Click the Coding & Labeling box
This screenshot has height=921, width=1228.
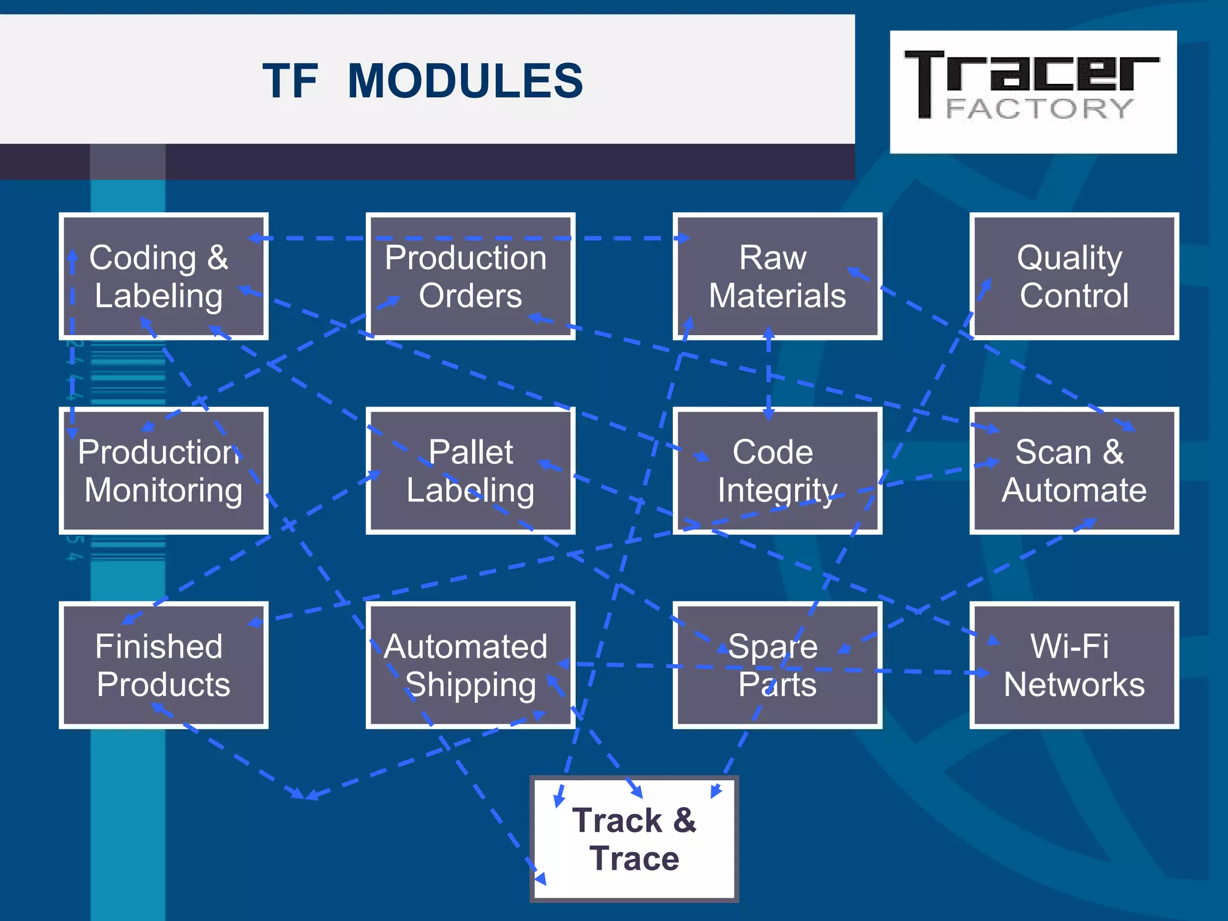pos(163,276)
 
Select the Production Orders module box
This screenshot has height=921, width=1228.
pos(470,276)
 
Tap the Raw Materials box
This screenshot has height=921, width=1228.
pos(777,276)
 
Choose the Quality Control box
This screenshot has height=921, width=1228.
pos(1074,276)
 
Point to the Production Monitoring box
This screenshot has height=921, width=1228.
pos(163,471)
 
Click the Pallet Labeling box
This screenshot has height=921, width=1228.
pos(470,471)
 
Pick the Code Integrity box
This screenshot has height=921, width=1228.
pos(777,471)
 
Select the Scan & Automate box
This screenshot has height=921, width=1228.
pos(1074,471)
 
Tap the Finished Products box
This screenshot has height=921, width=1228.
pos(163,665)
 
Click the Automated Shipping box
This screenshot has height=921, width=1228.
pos(470,665)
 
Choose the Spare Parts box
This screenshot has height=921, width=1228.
pos(777,665)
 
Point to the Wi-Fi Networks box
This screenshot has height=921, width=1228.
pos(1074,665)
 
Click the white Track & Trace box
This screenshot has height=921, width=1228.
pos(634,839)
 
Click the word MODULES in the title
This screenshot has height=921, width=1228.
pos(465,81)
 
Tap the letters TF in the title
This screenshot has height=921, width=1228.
pos(290,81)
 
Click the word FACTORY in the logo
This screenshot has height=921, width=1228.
pos(1039,109)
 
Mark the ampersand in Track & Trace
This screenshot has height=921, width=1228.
pos(684,820)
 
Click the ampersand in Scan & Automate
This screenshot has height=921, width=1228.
pos(1113,452)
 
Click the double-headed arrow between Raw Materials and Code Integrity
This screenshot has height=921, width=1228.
pos(769,373)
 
